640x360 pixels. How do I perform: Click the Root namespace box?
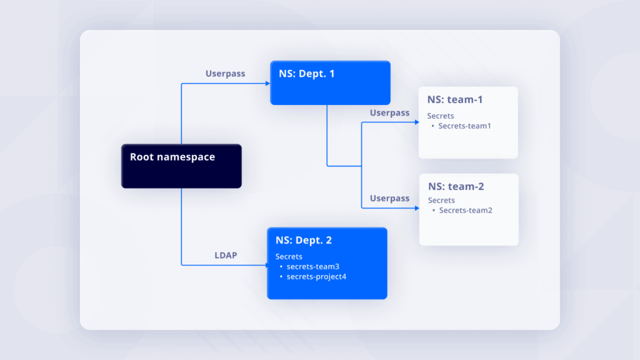click(181, 166)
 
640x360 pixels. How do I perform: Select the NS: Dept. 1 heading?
click(307, 74)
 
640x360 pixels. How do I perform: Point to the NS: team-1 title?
click(455, 100)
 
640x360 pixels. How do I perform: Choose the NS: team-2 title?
click(456, 186)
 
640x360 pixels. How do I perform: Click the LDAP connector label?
click(226, 255)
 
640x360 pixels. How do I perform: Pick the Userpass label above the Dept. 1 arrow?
click(225, 74)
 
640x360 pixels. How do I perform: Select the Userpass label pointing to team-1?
click(389, 113)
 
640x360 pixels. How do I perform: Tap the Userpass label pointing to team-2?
click(389, 198)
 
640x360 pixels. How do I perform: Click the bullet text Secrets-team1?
click(464, 126)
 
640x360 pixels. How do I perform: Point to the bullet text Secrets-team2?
click(466, 211)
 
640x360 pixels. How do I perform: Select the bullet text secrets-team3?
click(308, 266)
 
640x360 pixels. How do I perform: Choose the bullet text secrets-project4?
click(316, 276)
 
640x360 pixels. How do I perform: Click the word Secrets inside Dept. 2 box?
click(289, 256)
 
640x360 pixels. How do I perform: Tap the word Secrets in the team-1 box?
click(441, 116)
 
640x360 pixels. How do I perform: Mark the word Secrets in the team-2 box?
click(441, 201)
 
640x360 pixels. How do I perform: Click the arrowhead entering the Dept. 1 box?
click(267, 83)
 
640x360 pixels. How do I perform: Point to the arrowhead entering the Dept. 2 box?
click(264, 265)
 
